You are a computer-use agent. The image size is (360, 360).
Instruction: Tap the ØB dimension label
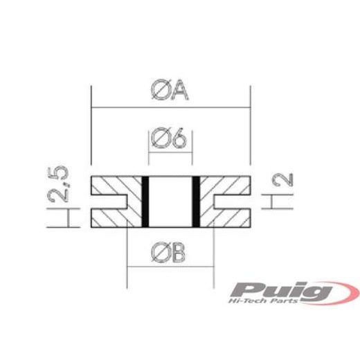(170, 253)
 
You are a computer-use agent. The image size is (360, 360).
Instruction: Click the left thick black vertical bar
(145, 202)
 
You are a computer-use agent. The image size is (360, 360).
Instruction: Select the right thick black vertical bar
(196, 202)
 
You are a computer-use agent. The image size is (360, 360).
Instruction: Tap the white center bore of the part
(170, 202)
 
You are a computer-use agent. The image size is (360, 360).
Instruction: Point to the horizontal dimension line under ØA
(125, 107)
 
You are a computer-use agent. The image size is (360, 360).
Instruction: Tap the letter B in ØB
(179, 253)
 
